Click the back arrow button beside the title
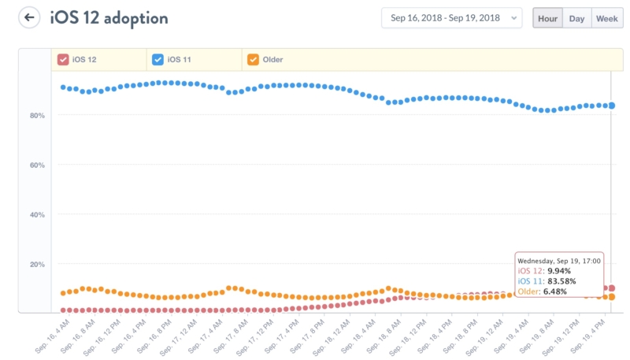point(29,17)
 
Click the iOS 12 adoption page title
point(109,17)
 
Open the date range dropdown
point(451,18)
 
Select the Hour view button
point(547,18)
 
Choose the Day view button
point(577,18)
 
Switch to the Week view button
point(606,18)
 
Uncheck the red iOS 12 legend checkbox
point(63,59)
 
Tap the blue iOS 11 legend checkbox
point(157,59)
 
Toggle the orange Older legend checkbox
point(253,59)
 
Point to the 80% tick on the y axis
point(37,115)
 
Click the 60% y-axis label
point(37,165)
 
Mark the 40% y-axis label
point(37,214)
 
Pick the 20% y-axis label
point(37,264)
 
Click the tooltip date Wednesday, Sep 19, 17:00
point(559,260)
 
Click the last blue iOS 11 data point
point(611,106)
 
